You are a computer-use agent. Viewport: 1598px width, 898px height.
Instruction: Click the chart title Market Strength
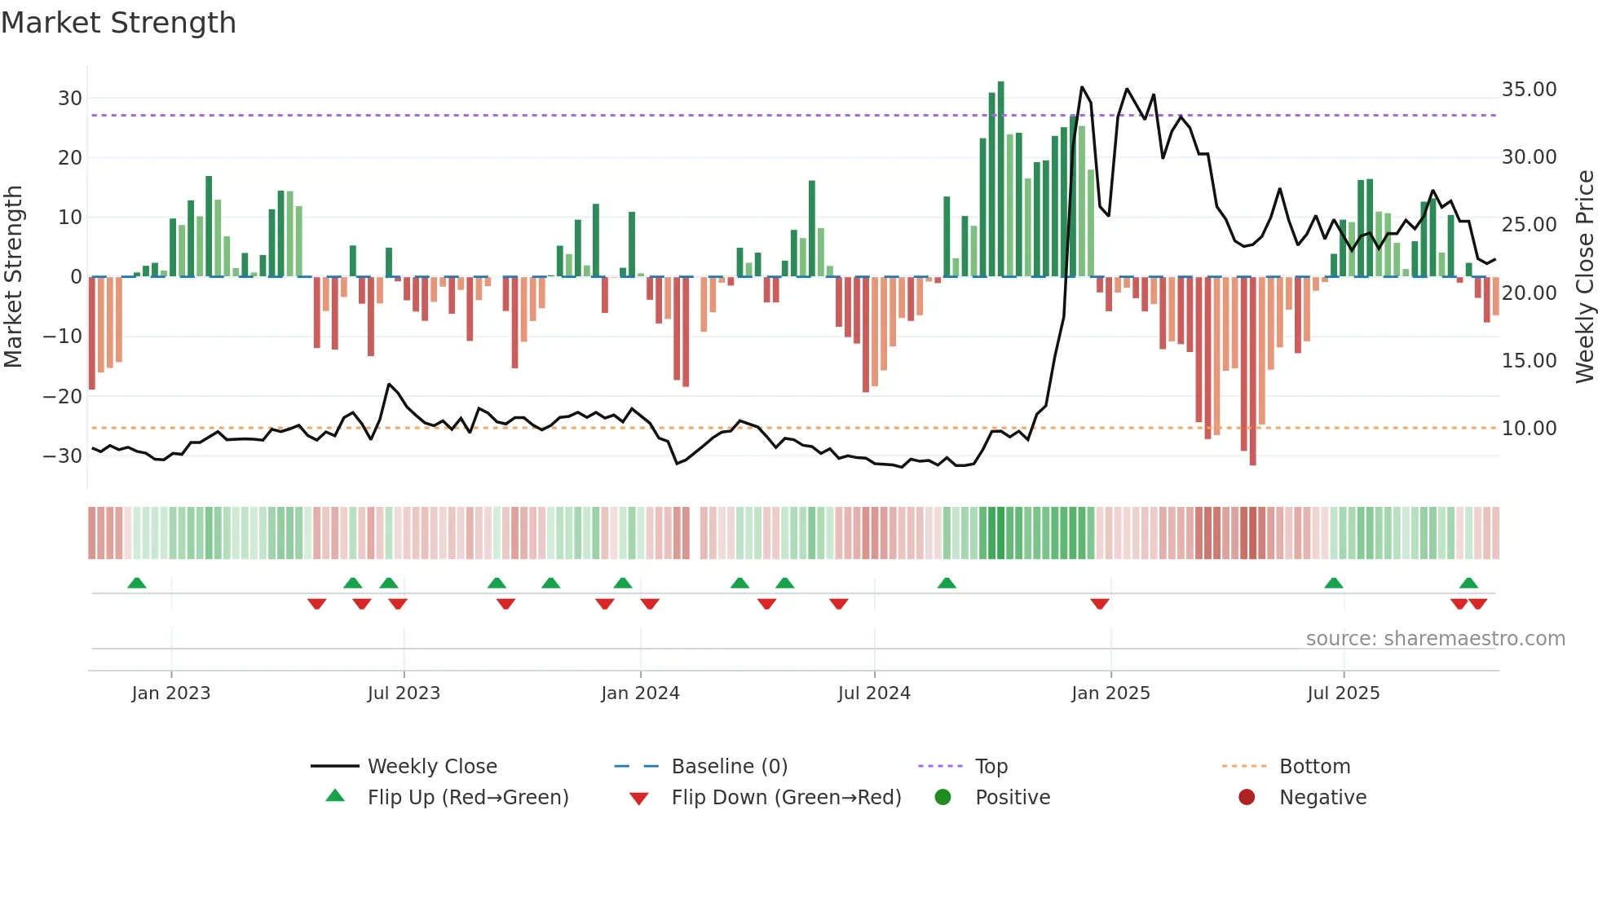pyautogui.click(x=118, y=23)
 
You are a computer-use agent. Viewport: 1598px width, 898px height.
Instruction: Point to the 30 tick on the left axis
pyautogui.click(x=70, y=99)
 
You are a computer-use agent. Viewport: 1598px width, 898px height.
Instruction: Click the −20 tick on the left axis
pyautogui.click(x=63, y=397)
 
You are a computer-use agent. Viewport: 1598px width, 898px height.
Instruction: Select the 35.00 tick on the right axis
pyautogui.click(x=1529, y=90)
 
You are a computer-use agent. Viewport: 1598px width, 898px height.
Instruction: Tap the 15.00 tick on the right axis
pyautogui.click(x=1529, y=360)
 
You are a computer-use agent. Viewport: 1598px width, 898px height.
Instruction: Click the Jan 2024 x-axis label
pyautogui.click(x=640, y=693)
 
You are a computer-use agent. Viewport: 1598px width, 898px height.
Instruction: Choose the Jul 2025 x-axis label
pyautogui.click(x=1343, y=693)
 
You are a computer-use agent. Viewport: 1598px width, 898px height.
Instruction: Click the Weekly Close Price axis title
pyautogui.click(x=1584, y=277)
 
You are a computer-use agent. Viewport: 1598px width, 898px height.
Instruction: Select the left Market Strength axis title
pyautogui.click(x=13, y=277)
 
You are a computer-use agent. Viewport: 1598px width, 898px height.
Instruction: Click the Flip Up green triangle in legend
pyautogui.click(x=335, y=796)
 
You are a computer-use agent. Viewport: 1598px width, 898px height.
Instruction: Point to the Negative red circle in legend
pyautogui.click(x=1247, y=797)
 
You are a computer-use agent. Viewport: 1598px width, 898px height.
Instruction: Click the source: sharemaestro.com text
pyautogui.click(x=1435, y=639)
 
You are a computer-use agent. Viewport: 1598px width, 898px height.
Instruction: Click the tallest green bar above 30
pyautogui.click(x=1000, y=179)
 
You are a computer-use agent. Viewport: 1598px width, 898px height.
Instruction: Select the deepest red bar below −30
pyautogui.click(x=1252, y=371)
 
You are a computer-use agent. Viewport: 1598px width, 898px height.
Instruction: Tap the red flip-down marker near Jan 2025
pyautogui.click(x=1099, y=604)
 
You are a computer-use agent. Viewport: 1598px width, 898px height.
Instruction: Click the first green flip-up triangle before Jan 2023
pyautogui.click(x=137, y=583)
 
